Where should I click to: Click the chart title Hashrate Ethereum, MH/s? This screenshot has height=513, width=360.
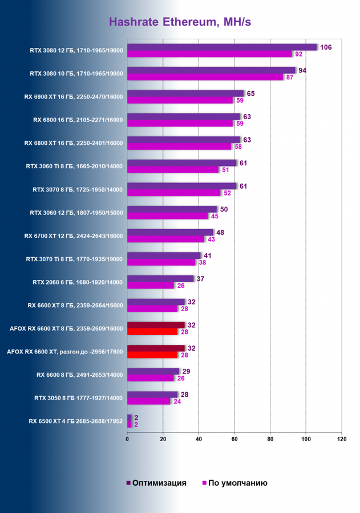pos(180,22)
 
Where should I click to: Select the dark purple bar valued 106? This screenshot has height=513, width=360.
pos(222,47)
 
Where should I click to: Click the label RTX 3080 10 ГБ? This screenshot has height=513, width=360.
pos(76,74)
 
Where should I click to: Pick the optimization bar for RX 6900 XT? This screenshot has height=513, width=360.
pos(185,93)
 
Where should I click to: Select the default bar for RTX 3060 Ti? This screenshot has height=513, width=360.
pos(173,169)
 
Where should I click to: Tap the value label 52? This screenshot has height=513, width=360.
pos(226,193)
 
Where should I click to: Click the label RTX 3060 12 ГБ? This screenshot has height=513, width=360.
pos(76,213)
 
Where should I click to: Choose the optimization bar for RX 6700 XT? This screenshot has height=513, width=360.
pos(170,233)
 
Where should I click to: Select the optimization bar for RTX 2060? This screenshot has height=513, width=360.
pos(160,279)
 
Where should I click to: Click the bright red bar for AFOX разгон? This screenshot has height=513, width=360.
pos(152,355)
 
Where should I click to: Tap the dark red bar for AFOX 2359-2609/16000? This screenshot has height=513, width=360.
pos(156,325)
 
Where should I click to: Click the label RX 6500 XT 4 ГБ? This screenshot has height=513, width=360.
pos(76,421)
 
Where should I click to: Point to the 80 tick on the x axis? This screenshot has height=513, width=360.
pos(270,439)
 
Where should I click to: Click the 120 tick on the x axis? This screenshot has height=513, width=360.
pos(342,439)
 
